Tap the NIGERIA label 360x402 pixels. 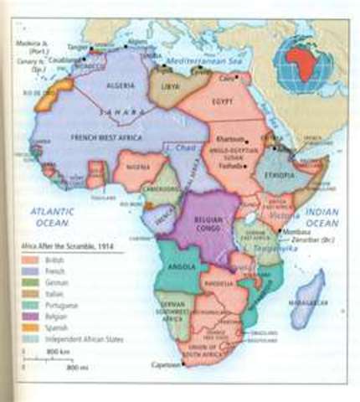pos(136,167)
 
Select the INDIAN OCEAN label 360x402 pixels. pos(322,217)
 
